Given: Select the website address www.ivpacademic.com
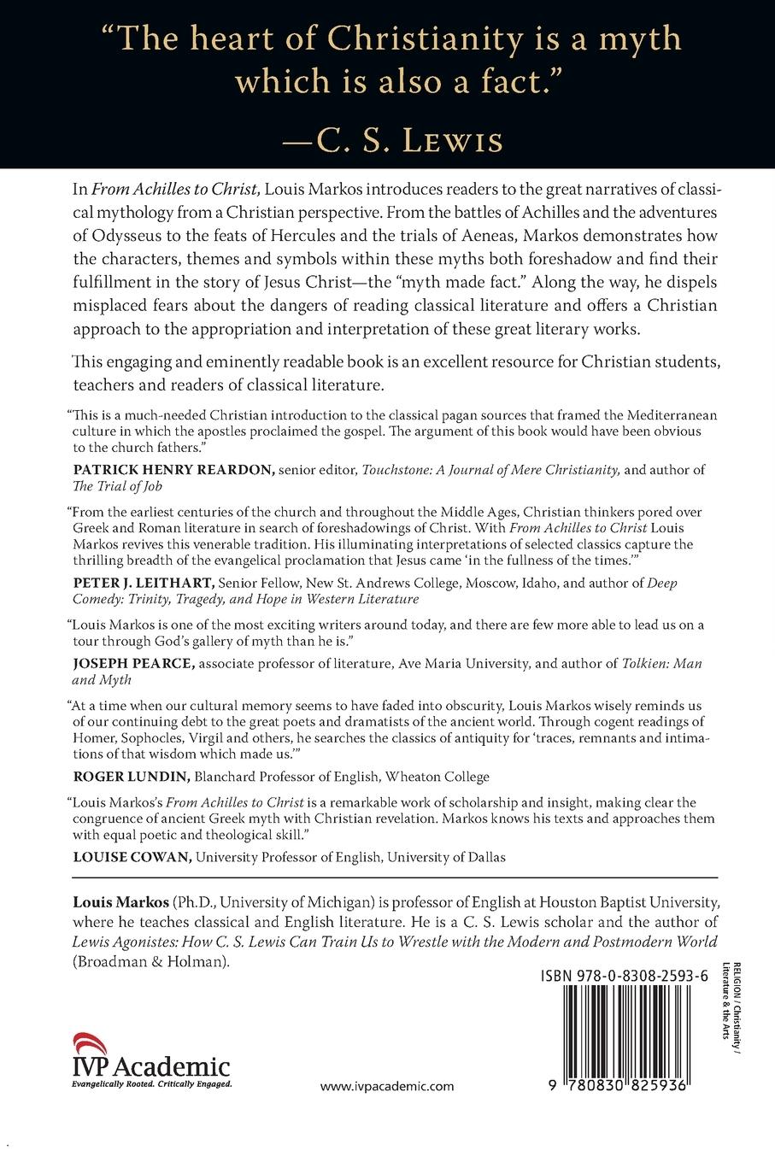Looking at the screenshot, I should (x=387, y=1087).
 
